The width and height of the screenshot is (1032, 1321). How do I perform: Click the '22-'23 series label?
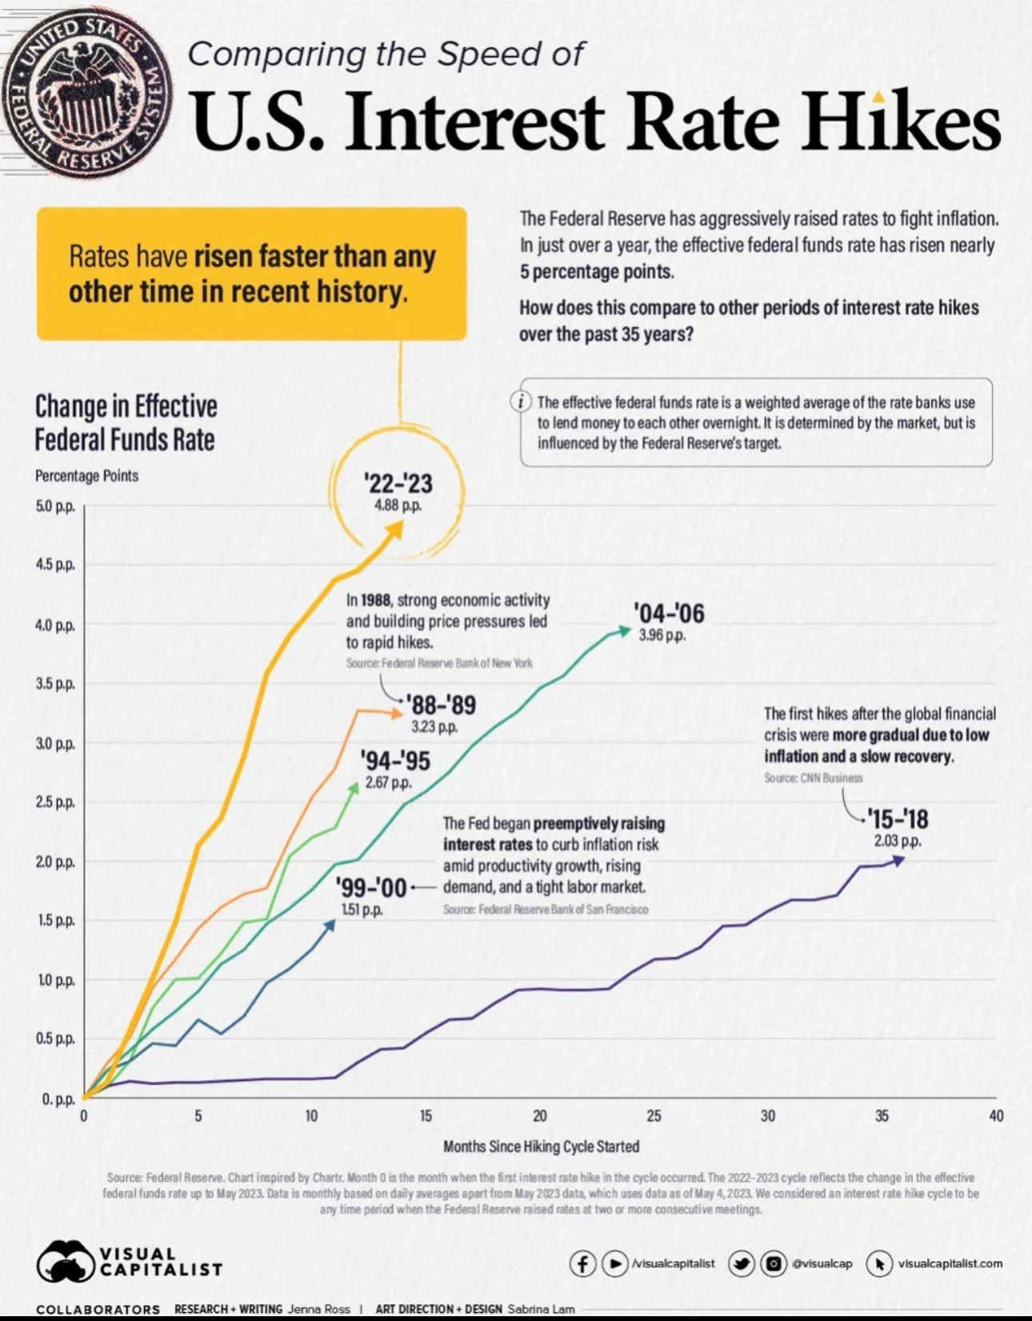(x=398, y=483)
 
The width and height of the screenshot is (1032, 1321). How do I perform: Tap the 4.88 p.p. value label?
(x=398, y=506)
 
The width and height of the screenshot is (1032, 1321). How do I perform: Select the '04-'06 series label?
(x=669, y=614)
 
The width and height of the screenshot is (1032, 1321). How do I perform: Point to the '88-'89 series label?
(x=441, y=705)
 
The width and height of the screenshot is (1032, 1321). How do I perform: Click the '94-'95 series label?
(x=395, y=761)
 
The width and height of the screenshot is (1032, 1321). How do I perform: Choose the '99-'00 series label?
(x=371, y=887)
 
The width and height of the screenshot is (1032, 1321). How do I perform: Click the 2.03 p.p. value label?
(x=898, y=841)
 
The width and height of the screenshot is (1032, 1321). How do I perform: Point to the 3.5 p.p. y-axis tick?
(x=55, y=684)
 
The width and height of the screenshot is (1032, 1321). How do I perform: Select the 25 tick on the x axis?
(x=654, y=1115)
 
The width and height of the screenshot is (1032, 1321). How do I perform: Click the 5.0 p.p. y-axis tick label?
(x=55, y=506)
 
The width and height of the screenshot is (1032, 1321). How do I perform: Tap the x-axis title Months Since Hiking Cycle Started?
(x=542, y=1147)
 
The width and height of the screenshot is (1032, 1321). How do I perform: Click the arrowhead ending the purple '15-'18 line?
(x=899, y=859)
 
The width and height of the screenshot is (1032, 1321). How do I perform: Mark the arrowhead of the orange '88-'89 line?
(x=398, y=713)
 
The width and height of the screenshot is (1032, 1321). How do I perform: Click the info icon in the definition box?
(x=522, y=401)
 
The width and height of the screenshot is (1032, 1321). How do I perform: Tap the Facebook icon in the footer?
(x=582, y=1263)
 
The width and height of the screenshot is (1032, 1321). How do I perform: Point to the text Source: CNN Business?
(x=813, y=778)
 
